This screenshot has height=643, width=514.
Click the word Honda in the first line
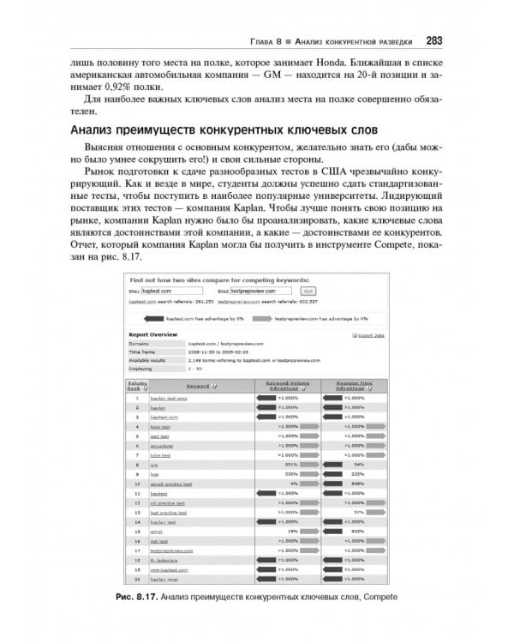click(x=354, y=63)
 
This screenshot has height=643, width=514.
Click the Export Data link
click(x=371, y=335)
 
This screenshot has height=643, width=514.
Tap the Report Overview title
click(x=153, y=335)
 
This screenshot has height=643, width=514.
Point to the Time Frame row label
click(x=144, y=352)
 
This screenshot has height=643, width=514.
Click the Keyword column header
click(x=200, y=386)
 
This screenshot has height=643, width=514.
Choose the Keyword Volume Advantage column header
click(x=285, y=386)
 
